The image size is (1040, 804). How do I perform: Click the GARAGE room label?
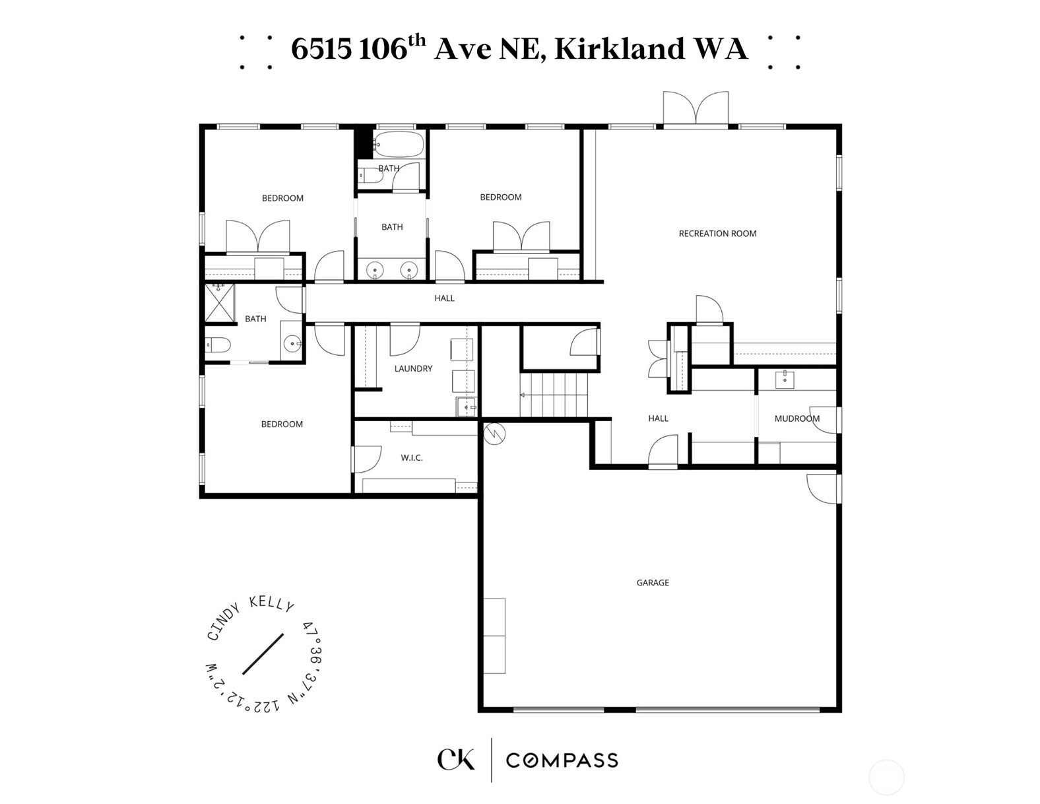(x=653, y=582)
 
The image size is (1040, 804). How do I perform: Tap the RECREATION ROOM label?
(x=717, y=234)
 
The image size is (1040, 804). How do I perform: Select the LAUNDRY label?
(x=413, y=368)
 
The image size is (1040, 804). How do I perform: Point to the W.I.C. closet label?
(x=412, y=458)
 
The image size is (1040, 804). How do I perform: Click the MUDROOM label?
(x=797, y=419)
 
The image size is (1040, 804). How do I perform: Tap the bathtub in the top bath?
(x=399, y=143)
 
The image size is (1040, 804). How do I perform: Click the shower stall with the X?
(x=219, y=302)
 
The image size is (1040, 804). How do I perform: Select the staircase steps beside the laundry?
(x=554, y=395)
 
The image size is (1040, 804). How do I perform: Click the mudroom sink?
(x=785, y=380)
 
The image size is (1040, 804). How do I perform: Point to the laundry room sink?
(x=466, y=407)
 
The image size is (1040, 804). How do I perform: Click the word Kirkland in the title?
(x=620, y=49)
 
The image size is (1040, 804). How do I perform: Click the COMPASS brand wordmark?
(x=562, y=760)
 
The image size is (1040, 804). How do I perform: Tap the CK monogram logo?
(x=455, y=759)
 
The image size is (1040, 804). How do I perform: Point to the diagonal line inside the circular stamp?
(x=263, y=654)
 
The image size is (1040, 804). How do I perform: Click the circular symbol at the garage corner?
(x=494, y=434)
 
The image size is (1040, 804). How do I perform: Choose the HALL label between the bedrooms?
(x=444, y=298)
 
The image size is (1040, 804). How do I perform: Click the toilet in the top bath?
(x=371, y=176)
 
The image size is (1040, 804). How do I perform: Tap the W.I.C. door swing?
(x=366, y=459)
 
